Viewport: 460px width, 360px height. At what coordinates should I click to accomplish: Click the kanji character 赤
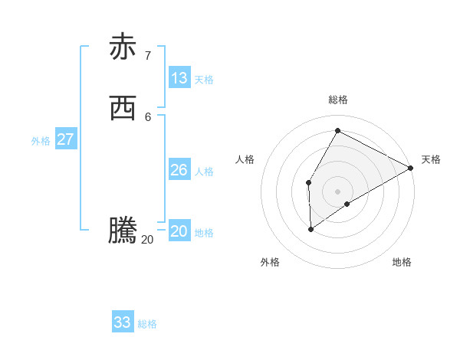pos(123,47)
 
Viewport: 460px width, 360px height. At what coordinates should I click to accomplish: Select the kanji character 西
pos(123,110)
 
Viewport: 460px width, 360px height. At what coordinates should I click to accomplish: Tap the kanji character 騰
pos(123,231)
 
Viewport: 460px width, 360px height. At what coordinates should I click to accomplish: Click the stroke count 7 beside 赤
pos(147,55)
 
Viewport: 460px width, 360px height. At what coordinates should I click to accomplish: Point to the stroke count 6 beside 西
pos(147,116)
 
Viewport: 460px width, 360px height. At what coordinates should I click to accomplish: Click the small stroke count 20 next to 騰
pos(147,240)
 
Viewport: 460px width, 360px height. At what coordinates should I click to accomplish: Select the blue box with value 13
pos(179,78)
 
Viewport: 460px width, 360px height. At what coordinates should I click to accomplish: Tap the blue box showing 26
pos(179,170)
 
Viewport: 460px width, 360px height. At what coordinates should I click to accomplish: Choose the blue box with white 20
pos(179,231)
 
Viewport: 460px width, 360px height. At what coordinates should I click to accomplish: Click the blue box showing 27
pos(66,139)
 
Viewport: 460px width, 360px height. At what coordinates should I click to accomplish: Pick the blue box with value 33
pos(123,322)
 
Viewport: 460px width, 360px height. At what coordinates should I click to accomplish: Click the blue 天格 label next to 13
pos(204,80)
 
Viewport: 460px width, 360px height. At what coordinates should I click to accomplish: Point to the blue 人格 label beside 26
pos(204,172)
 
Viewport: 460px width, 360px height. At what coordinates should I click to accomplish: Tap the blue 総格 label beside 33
pos(147,324)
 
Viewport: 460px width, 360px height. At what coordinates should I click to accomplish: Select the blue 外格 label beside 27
pos(41,141)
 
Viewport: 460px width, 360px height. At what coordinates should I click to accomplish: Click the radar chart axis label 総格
pos(337,100)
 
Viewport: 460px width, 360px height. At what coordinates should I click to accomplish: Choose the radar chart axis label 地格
pos(402,262)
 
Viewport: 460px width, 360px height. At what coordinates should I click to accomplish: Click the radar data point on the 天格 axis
pos(411,169)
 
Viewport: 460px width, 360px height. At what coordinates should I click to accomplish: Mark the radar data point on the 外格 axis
pos(311,228)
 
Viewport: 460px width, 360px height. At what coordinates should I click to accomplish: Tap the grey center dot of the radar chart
pos(337,191)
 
